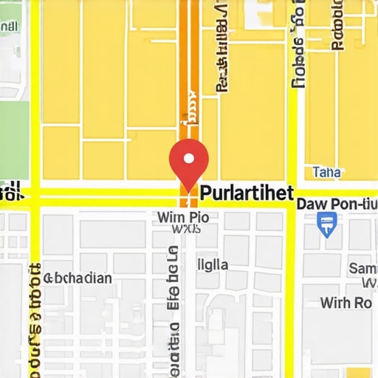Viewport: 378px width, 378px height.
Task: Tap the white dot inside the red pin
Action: (189, 158)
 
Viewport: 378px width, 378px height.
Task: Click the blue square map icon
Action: (326, 223)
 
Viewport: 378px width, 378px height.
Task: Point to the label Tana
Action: (327, 172)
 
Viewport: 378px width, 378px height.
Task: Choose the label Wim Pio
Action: (184, 217)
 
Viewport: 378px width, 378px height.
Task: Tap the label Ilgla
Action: (213, 264)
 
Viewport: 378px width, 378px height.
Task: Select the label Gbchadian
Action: (78, 278)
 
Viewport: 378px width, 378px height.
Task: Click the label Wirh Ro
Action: (346, 303)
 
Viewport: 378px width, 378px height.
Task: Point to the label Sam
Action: (362, 268)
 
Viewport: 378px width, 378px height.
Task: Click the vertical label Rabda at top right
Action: (337, 26)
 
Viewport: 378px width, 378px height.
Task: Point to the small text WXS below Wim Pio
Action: (186, 230)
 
